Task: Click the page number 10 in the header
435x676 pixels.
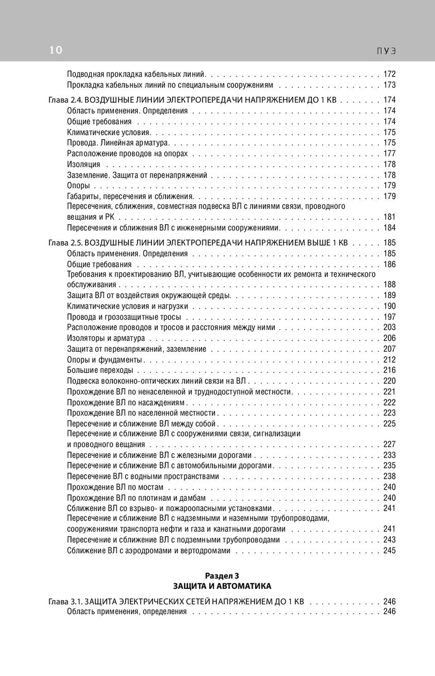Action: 56,50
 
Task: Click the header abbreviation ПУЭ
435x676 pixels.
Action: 386,51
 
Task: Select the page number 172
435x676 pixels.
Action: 389,74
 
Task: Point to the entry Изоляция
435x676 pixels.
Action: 84,164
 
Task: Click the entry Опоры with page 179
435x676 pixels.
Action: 78,186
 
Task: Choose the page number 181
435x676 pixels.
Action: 389,217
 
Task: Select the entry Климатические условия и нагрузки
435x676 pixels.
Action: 127,306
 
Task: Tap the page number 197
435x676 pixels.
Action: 389,317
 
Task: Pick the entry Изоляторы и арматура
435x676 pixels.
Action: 106,338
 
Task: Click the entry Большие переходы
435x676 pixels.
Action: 100,370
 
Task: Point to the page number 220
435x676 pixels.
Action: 389,381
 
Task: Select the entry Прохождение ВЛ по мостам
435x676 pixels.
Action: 115,487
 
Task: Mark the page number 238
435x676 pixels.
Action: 389,476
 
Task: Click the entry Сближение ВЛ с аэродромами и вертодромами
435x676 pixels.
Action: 149,551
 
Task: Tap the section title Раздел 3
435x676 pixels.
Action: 222,576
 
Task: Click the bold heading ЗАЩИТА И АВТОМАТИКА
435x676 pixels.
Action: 222,586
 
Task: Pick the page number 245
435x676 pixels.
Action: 389,551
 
